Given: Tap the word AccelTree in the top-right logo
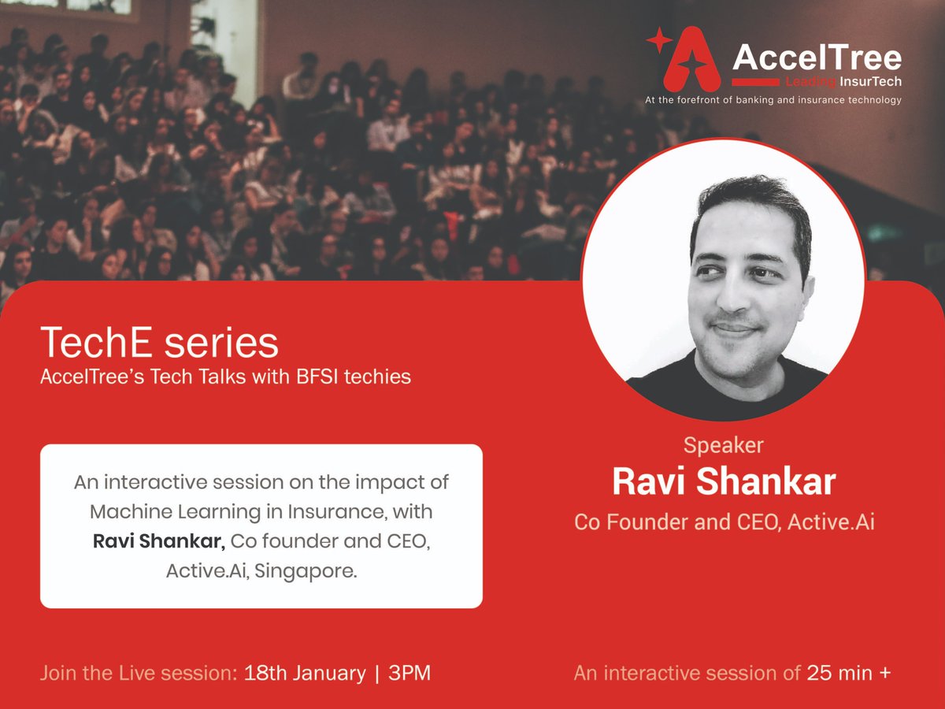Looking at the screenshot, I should click(x=817, y=58).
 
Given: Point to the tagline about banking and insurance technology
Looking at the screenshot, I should click(x=773, y=100).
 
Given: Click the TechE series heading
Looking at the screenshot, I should click(x=159, y=343).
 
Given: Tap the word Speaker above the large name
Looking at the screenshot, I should click(x=723, y=445).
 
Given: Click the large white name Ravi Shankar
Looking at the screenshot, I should click(x=723, y=482).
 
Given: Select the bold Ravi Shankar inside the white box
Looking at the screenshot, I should click(x=158, y=541).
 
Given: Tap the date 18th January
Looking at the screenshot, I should click(x=305, y=674).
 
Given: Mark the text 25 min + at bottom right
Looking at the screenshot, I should click(x=849, y=674).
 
